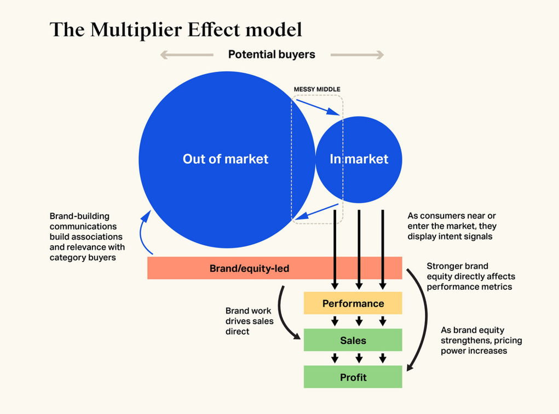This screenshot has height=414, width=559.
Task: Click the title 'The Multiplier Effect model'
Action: click(176, 30)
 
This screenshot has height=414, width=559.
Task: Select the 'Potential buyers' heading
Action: click(272, 54)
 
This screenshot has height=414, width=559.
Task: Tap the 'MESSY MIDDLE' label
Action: click(317, 89)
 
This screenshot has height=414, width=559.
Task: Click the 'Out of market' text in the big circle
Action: click(226, 159)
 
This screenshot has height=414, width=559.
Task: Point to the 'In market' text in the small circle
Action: click(359, 159)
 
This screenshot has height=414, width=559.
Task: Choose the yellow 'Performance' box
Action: click(353, 303)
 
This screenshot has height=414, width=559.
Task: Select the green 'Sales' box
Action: click(353, 341)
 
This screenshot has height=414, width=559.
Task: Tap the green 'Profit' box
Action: click(353, 377)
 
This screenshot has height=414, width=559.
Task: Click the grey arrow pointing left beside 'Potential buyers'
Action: click(186, 55)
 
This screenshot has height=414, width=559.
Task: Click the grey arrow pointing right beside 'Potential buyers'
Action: click(357, 55)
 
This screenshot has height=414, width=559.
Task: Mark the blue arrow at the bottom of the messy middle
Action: click(316, 212)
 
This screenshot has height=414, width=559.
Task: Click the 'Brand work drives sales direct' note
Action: click(249, 321)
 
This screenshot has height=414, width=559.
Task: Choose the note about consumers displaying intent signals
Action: click(452, 226)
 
